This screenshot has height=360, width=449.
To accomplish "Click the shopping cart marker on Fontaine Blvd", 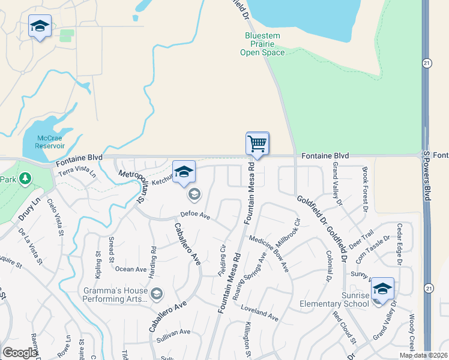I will tap(258, 144).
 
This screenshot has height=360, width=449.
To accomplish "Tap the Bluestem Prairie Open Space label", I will tap(262, 44).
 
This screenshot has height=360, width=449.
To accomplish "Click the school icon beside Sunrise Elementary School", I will tap(382, 289).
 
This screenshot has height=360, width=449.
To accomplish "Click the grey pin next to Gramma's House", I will tap(157, 293).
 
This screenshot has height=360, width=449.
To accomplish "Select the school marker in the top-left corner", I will tap(40, 26).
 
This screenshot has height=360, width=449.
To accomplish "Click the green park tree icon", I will tap(25, 178).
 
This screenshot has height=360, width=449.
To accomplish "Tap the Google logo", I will tap(20, 352).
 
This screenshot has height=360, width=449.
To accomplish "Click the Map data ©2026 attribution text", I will tap(423, 355).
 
